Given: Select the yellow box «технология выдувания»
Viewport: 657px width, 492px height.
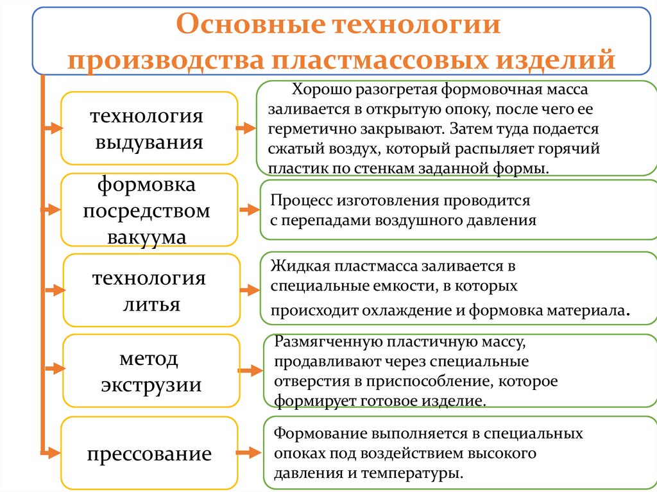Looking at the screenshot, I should coord(149,128).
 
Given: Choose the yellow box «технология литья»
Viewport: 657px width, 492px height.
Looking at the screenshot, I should coord(151,291).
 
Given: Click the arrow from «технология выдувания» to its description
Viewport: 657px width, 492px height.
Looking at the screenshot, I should coord(246,129).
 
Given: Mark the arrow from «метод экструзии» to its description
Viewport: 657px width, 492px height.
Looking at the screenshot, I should coord(250,371).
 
